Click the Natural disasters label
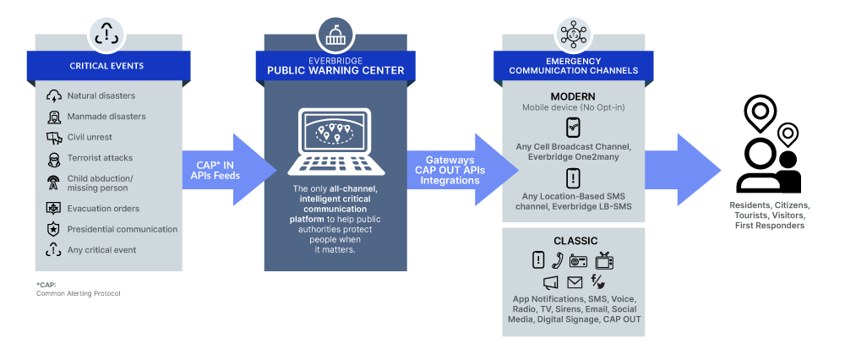click(101, 96)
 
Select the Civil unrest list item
click(90, 137)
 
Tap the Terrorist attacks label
click(100, 158)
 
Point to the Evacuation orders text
click(103, 208)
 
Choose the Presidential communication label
click(123, 229)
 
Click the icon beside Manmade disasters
click(53, 117)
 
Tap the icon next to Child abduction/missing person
click(53, 183)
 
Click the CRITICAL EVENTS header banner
click(106, 66)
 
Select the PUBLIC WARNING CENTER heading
click(330, 71)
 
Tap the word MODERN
click(573, 97)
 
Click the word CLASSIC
click(575, 241)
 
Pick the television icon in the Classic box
click(604, 260)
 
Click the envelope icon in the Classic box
click(575, 283)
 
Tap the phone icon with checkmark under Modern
click(573, 128)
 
